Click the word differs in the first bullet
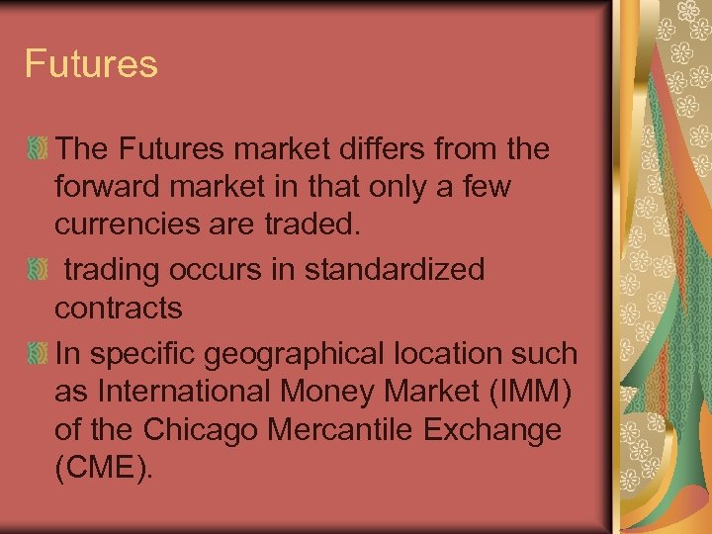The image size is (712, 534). pyautogui.click(x=376, y=149)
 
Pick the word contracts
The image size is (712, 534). pyautogui.click(x=119, y=310)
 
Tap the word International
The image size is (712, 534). pyautogui.click(x=188, y=391)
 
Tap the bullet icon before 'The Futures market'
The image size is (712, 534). pyautogui.click(x=38, y=150)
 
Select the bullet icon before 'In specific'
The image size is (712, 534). pyautogui.click(x=38, y=352)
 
